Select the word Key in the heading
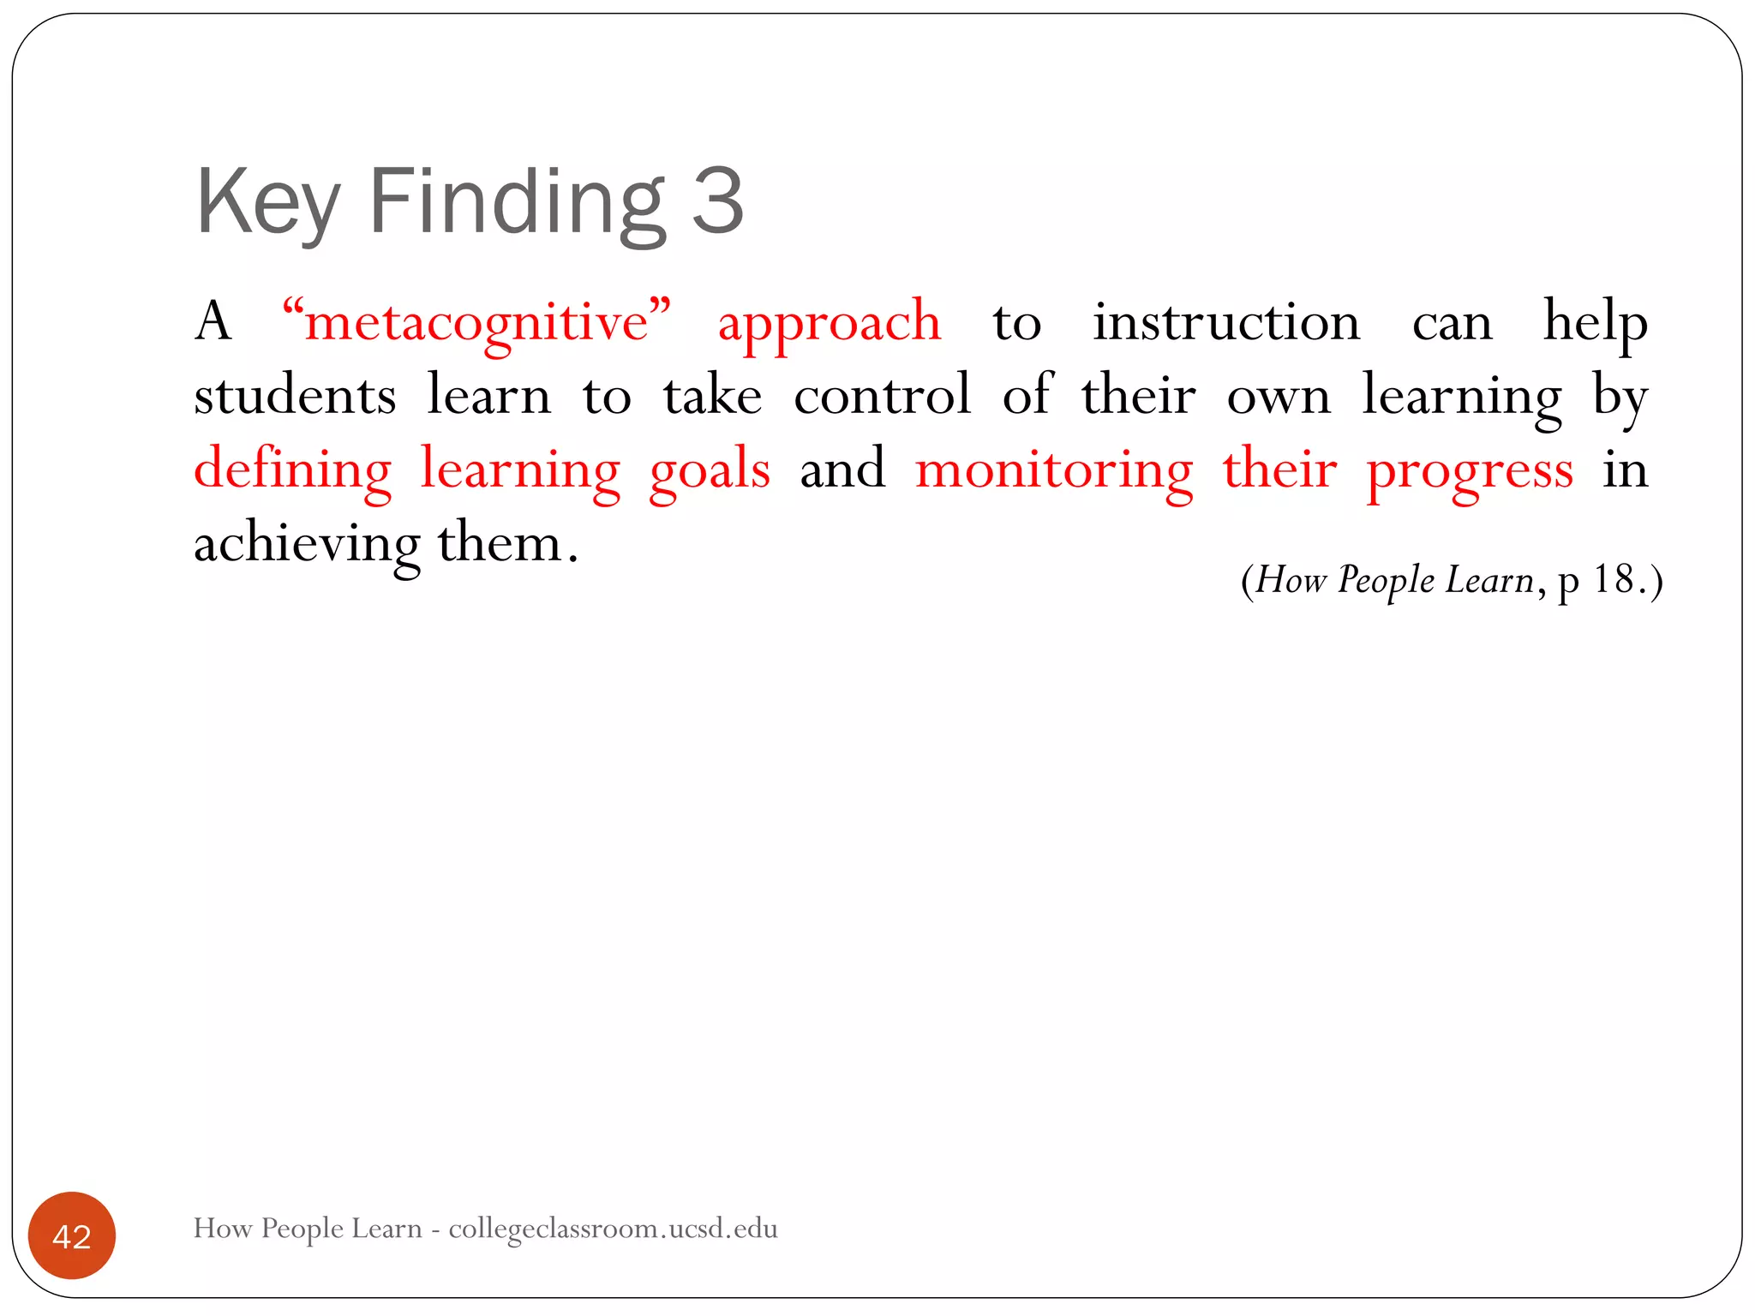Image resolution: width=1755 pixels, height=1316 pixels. pyautogui.click(x=267, y=202)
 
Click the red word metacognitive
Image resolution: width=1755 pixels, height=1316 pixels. pyautogui.click(x=476, y=323)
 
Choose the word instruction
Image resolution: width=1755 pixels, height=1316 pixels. pyautogui.click(x=1226, y=323)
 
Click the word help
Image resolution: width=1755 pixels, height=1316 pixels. pyautogui.click(x=1595, y=323)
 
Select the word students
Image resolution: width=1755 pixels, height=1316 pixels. pyautogui.click(x=295, y=396)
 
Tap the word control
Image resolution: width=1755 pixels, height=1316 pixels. pyautogui.click(x=882, y=396)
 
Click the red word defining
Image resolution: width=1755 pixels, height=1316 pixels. pyautogui.click(x=292, y=470)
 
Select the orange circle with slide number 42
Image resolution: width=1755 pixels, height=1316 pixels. pyautogui.click(x=72, y=1235)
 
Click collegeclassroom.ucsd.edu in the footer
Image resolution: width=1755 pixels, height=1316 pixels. pyautogui.click(x=613, y=1229)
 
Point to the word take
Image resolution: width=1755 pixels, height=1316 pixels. pyautogui.click(x=712, y=396)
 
